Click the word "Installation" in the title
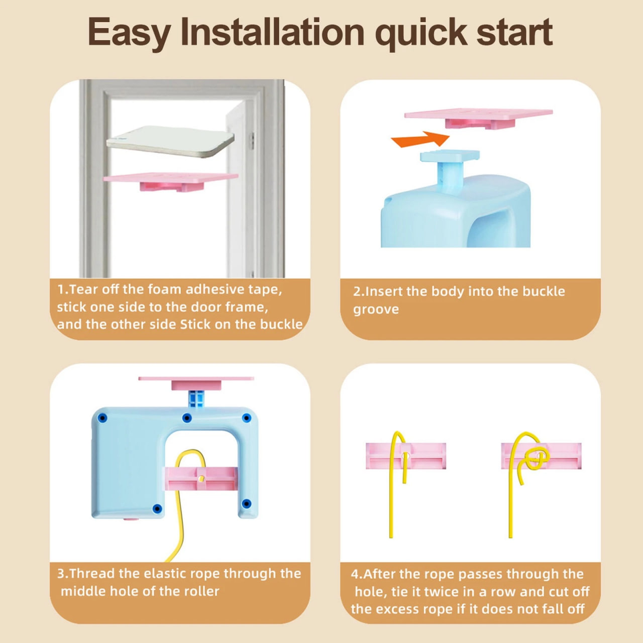pos(272,32)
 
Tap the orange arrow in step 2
pos(420,139)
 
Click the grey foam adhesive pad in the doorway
pos(170,142)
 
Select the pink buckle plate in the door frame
pos(170,181)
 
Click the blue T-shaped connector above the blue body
pos(450,170)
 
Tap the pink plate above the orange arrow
pos(479,118)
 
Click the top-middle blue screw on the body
pos(187,418)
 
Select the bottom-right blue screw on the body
pos(246,503)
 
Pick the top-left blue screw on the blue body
pos(103,418)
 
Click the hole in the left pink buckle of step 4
pos(405,455)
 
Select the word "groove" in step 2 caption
pos(376,309)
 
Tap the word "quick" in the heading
pos(420,34)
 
